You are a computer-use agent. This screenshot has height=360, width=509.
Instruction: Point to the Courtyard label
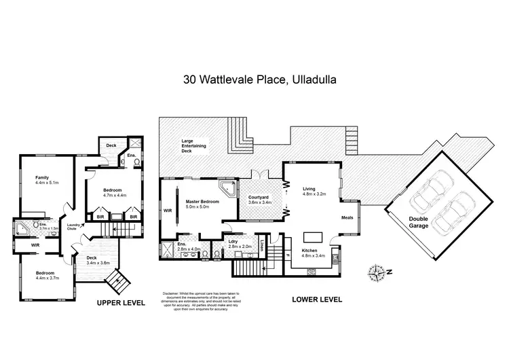pyautogui.click(x=260, y=199)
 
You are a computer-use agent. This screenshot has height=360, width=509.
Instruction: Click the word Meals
pyautogui.click(x=347, y=218)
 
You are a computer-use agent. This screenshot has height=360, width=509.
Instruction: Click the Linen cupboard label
pyautogui.click(x=261, y=242)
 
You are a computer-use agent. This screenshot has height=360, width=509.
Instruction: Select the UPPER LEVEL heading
pyautogui.click(x=121, y=303)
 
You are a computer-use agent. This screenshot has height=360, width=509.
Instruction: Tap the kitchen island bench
pyautogui.click(x=313, y=238)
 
